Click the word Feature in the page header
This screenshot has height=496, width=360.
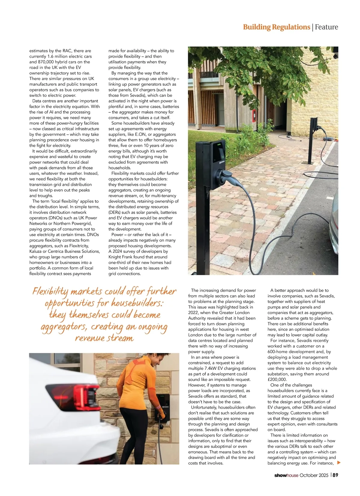click(326, 27)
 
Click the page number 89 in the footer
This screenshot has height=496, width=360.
click(335, 475)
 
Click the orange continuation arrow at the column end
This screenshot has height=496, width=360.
click(339, 463)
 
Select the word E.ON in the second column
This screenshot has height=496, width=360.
click(140, 134)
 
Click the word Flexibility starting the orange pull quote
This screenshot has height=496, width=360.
click(50, 291)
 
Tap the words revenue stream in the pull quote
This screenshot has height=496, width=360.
click(104, 338)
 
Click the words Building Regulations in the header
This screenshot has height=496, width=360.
click(276, 27)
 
